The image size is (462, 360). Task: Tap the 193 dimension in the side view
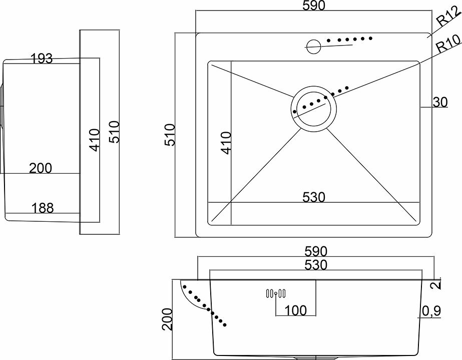(x=42, y=59)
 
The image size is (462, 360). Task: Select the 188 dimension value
(x=43, y=208)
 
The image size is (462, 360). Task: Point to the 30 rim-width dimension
(x=439, y=102)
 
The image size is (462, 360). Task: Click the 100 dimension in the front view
(x=295, y=310)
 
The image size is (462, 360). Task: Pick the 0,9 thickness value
(x=430, y=311)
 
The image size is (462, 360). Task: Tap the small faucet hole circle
(x=314, y=46)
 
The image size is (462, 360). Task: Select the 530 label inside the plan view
(x=313, y=197)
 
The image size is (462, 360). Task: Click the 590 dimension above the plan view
(x=313, y=6)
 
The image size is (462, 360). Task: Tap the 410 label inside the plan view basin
(x=226, y=143)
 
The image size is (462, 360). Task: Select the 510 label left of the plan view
(x=170, y=134)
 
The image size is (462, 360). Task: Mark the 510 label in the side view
(x=115, y=132)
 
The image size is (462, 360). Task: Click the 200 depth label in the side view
(x=40, y=168)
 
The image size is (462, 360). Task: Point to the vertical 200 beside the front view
(x=168, y=319)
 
